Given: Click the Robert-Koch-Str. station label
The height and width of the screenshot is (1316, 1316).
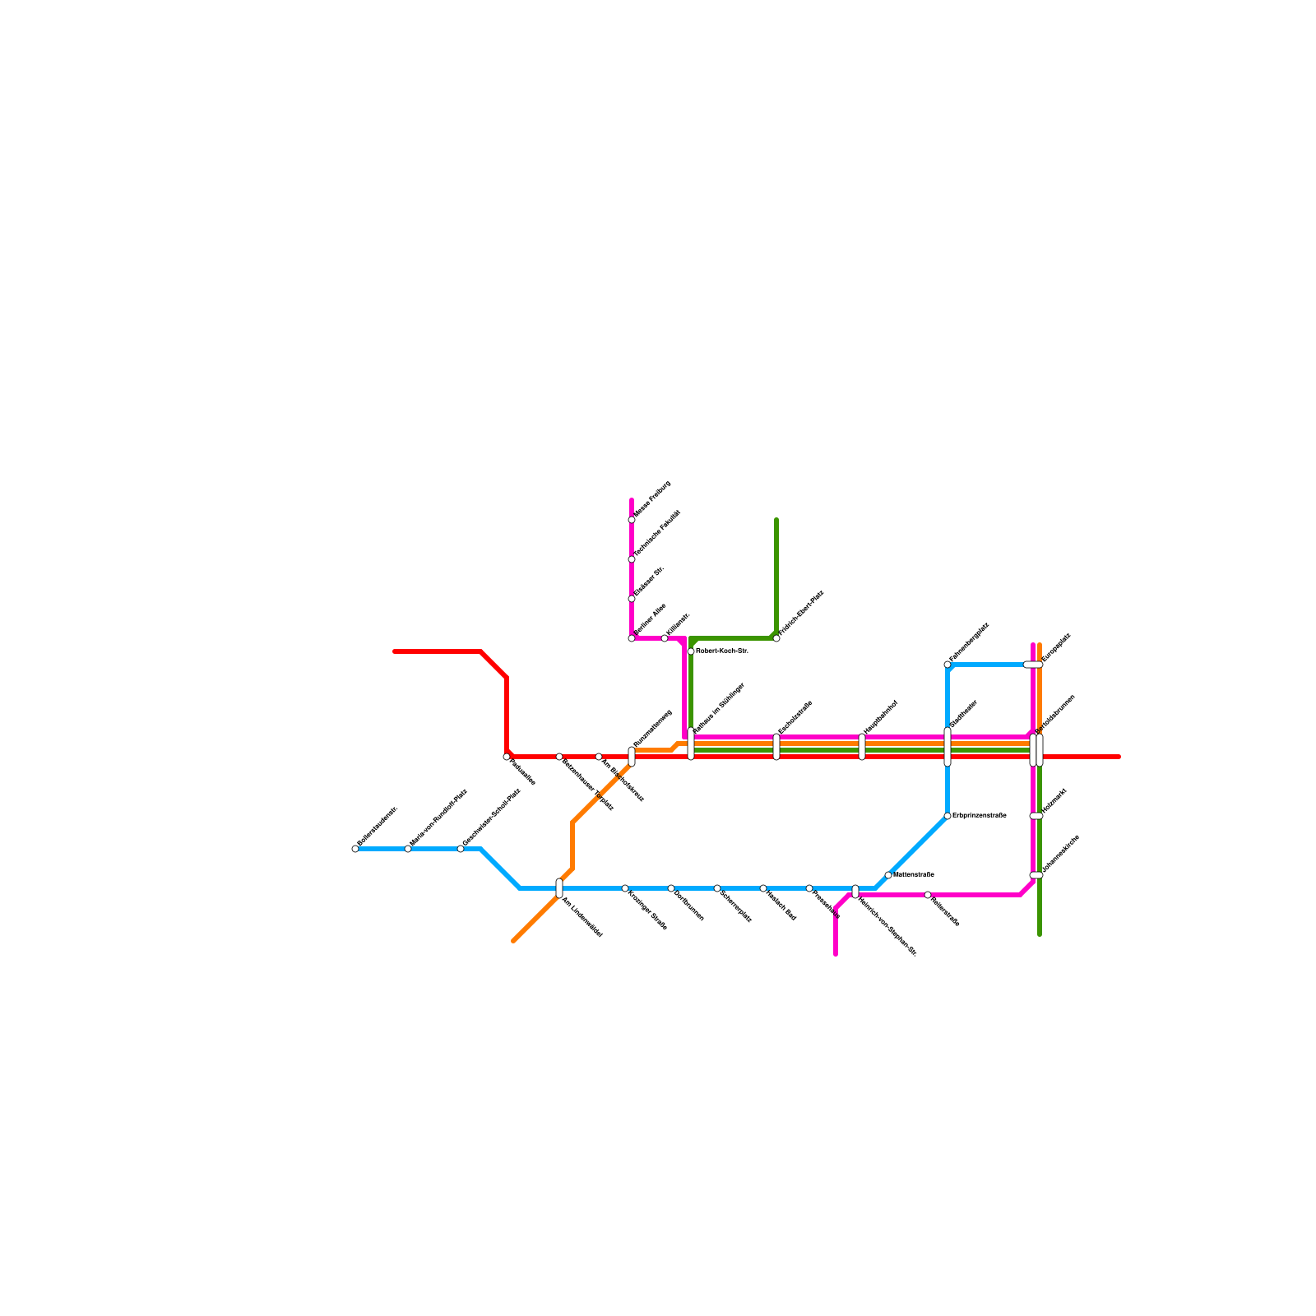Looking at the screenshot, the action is [721, 651].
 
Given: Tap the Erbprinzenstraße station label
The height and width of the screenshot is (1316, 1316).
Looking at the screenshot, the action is [979, 816].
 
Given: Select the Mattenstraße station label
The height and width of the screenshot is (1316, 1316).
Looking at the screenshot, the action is [913, 875].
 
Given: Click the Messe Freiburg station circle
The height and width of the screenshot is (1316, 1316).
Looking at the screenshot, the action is [632, 520].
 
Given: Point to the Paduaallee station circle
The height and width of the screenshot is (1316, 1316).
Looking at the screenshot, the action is [507, 757].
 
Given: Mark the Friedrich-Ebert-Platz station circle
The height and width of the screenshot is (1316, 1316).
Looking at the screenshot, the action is [776, 638].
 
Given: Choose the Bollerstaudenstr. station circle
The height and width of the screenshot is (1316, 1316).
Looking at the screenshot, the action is [355, 849].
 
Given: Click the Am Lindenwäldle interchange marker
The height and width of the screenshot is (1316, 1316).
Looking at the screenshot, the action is [559, 888].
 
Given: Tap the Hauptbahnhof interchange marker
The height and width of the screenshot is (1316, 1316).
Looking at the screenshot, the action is [862, 747].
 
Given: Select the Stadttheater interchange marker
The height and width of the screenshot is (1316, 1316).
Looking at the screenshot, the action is [948, 747].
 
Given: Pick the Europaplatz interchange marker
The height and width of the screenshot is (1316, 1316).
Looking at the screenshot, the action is [1033, 665].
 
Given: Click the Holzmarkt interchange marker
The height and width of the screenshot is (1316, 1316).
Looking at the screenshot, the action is [1036, 816].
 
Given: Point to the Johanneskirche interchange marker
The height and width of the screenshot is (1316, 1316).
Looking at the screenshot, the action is [1036, 875].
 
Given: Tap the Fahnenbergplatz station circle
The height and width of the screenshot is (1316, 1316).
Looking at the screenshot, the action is [948, 665].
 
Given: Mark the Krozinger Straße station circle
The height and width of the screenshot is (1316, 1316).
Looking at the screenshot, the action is [625, 888].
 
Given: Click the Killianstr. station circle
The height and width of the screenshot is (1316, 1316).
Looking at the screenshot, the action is [665, 638].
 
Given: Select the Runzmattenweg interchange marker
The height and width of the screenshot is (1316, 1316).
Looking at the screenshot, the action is [632, 757].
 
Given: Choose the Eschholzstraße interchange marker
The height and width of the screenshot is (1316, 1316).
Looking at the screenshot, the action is [776, 747].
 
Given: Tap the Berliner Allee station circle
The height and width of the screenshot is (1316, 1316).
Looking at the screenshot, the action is [632, 638].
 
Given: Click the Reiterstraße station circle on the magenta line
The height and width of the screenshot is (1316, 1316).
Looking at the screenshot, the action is [928, 895].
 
